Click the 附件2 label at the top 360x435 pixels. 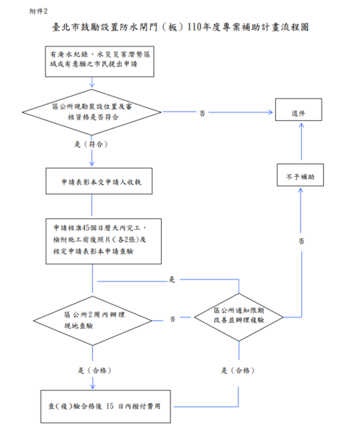point(38,11)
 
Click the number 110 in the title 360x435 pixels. point(194,28)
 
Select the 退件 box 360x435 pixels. point(298,109)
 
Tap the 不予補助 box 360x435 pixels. point(300,175)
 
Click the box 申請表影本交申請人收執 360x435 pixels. point(99,181)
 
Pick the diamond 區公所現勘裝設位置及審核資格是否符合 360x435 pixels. point(91,112)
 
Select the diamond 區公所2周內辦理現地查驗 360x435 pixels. point(93,321)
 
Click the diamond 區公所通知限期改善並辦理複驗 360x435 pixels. point(239,317)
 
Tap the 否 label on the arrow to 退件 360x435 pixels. point(202,113)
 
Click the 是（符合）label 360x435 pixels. point(91,144)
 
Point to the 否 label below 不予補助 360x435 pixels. point(301,241)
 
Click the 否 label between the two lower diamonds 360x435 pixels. point(173,319)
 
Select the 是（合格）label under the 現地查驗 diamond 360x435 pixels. point(94,370)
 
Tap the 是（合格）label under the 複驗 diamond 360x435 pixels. point(238,370)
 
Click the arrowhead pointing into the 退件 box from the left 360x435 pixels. point(270,112)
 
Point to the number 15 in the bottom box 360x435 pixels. point(110,406)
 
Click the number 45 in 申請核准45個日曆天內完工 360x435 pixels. point(86,228)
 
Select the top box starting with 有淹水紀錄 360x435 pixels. point(99,62)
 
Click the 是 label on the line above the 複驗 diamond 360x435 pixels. point(172,279)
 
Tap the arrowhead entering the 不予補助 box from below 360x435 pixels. point(300,191)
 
